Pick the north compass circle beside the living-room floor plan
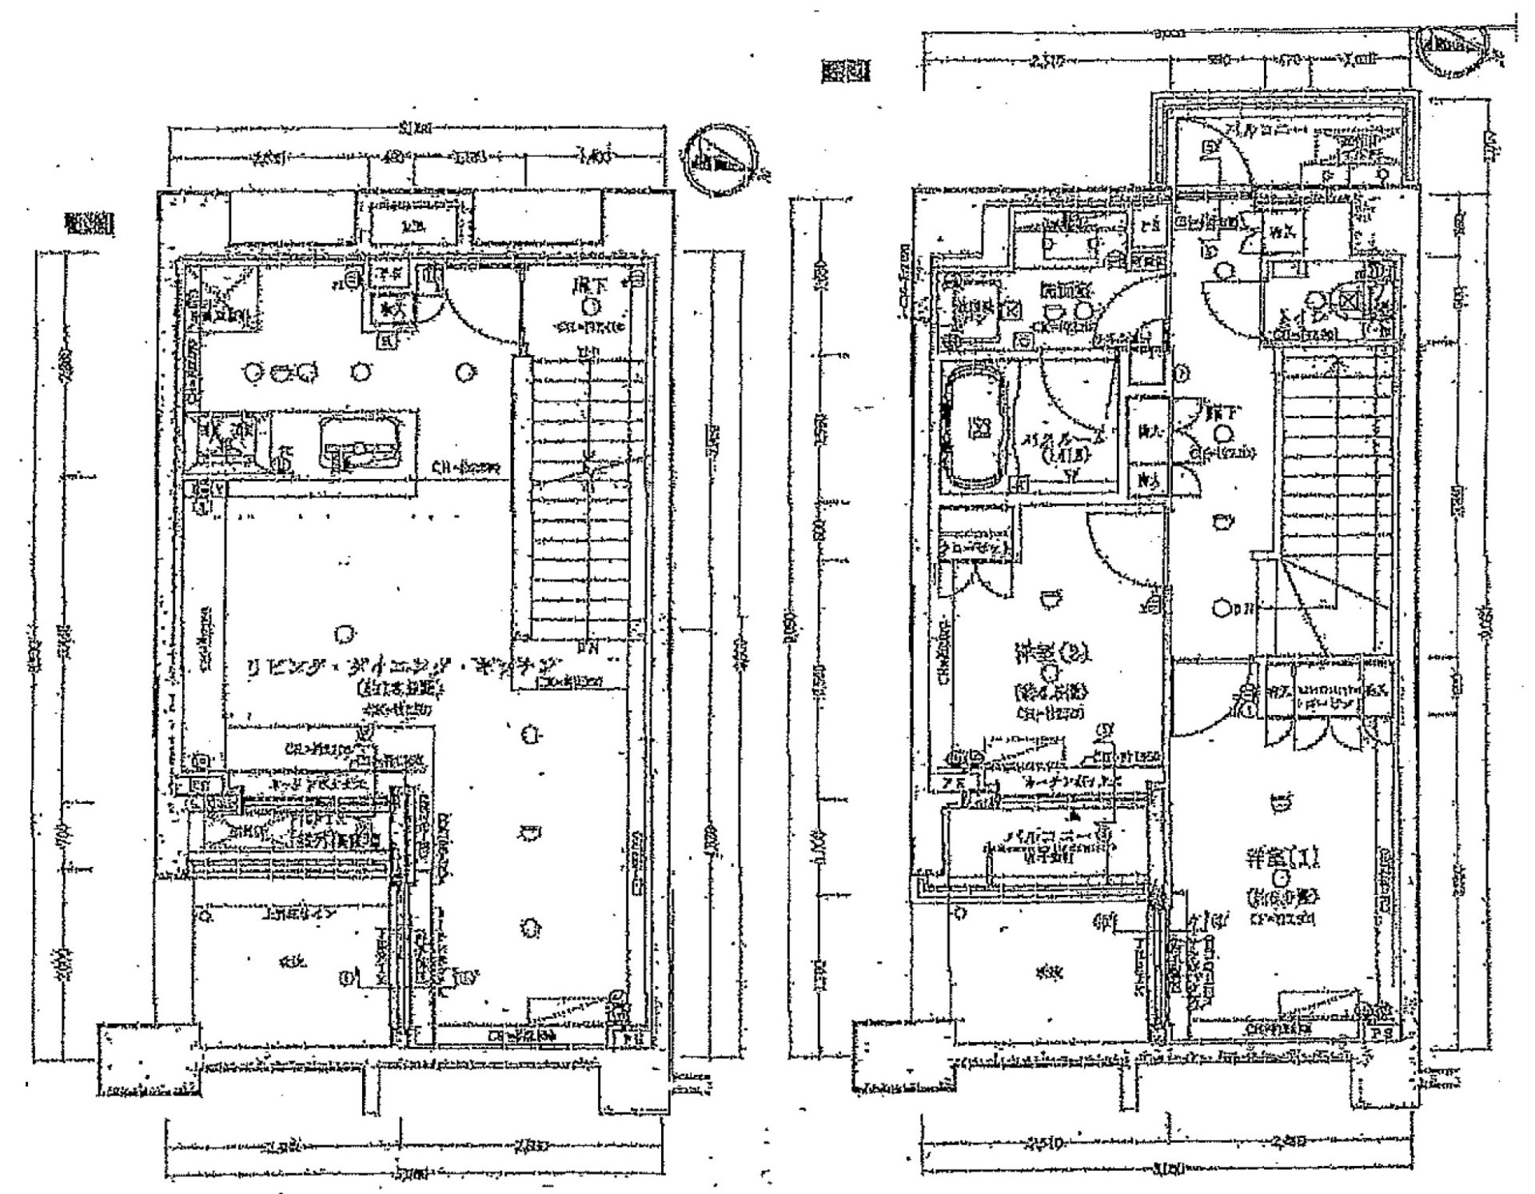tap(720, 164)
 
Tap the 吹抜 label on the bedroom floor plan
tap(1043, 973)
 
